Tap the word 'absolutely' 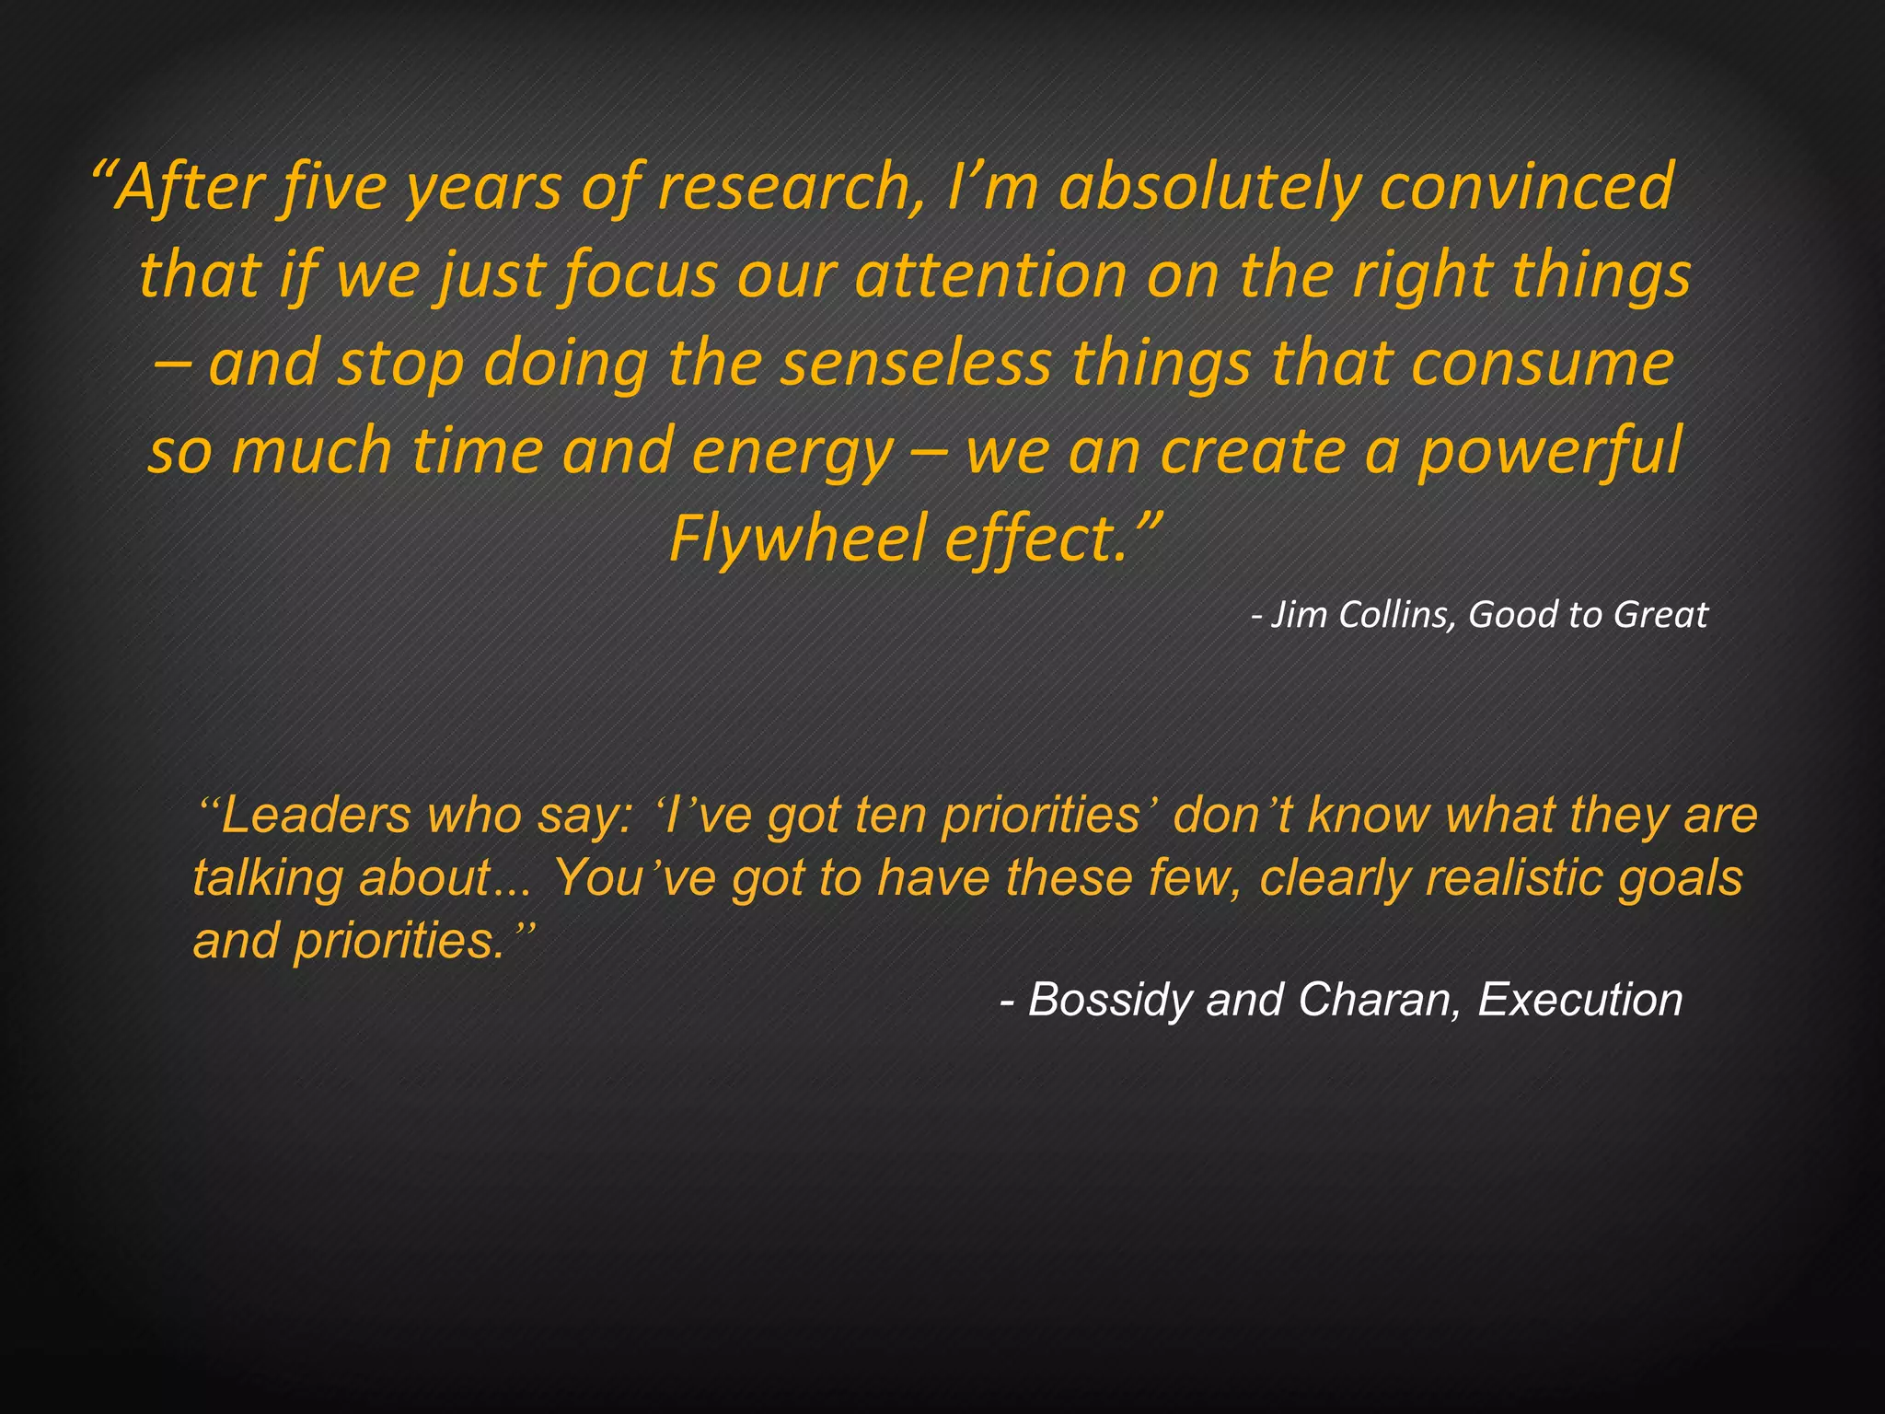[1209, 187]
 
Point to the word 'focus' [641, 275]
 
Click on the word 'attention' [991, 275]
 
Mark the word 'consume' [1543, 363]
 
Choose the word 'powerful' [1550, 451]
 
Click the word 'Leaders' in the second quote [316, 816]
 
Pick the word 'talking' [268, 878]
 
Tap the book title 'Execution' [1580, 1000]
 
